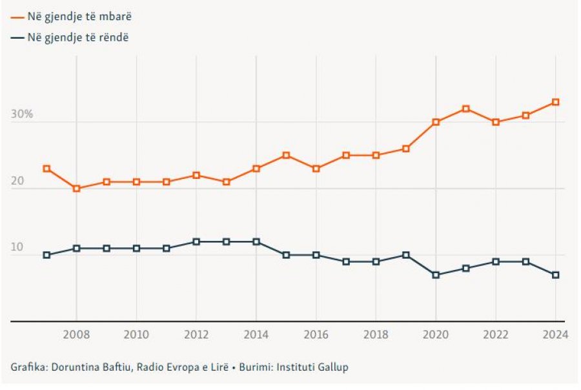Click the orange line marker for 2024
pyautogui.click(x=555, y=102)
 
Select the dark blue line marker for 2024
pyautogui.click(x=555, y=275)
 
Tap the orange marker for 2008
pyautogui.click(x=76, y=189)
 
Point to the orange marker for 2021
pyautogui.click(x=465, y=108)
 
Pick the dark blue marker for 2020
pyautogui.click(x=436, y=275)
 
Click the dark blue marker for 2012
pyautogui.click(x=196, y=241)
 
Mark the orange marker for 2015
pyautogui.click(x=286, y=156)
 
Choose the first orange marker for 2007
pyautogui.click(x=46, y=169)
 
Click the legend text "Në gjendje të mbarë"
pyautogui.click(x=79, y=16)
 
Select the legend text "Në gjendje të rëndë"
pyautogui.click(x=78, y=37)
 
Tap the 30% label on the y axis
pyautogui.click(x=21, y=114)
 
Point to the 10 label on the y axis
pyautogui.click(x=17, y=247)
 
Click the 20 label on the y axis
pyautogui.click(x=17, y=181)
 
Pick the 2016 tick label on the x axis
pyautogui.click(x=316, y=334)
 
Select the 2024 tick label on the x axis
pyautogui.click(x=555, y=334)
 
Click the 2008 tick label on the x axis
pyautogui.click(x=76, y=334)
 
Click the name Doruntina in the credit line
pyautogui.click(x=74, y=367)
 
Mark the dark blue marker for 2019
pyautogui.click(x=405, y=255)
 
